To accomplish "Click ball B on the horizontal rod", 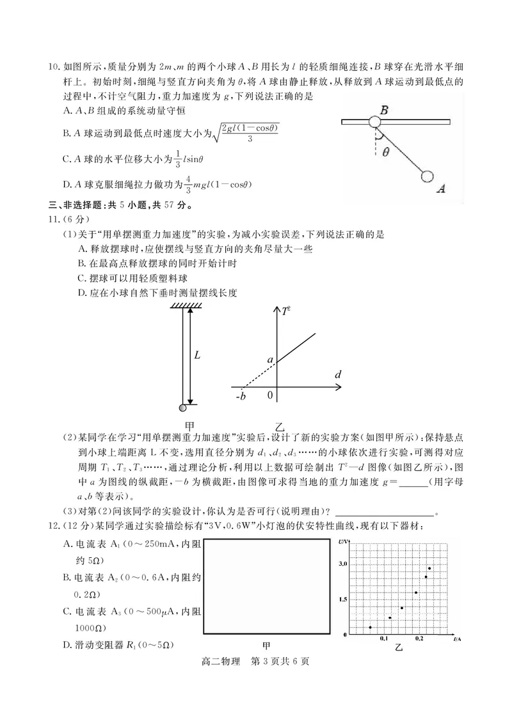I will [375, 121].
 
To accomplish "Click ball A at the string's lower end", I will [427, 177].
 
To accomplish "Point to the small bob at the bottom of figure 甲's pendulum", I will [184, 407].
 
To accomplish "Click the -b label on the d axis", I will [241, 396].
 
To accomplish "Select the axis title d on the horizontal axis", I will [338, 375].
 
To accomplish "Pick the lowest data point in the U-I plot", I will [370, 627].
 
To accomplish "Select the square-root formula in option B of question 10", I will [246, 132].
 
